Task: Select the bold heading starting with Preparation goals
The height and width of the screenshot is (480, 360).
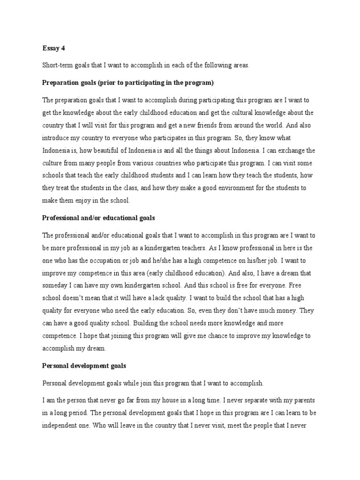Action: [127, 83]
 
